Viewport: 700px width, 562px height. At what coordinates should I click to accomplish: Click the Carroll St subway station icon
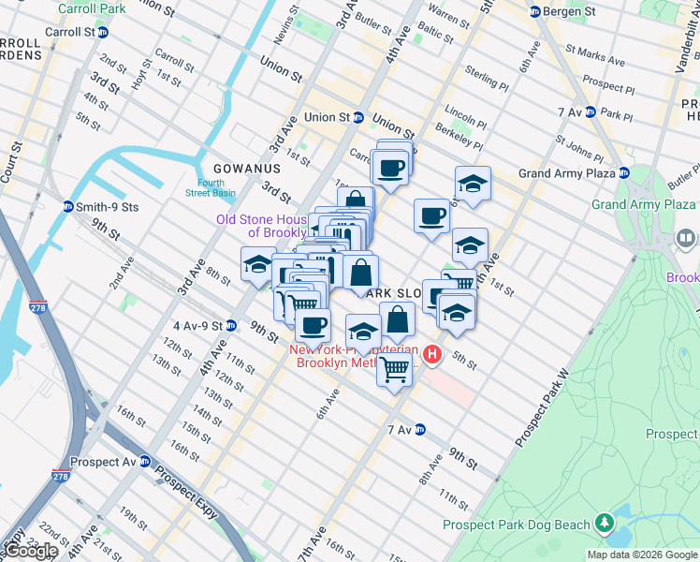tap(103, 32)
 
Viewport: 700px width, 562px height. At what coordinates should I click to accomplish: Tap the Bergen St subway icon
tap(535, 12)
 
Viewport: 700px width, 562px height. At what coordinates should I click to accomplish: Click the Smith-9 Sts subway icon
tap(67, 207)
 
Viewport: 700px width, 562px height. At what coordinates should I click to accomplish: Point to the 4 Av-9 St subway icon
tap(230, 326)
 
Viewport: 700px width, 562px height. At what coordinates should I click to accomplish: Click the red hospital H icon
tap(431, 354)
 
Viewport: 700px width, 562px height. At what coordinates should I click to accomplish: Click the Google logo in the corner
tap(31, 551)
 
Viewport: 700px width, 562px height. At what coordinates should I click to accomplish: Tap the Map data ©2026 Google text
tap(641, 555)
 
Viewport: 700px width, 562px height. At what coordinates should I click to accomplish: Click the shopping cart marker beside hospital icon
tap(394, 370)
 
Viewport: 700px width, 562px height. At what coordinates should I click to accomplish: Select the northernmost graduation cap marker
tap(473, 185)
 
